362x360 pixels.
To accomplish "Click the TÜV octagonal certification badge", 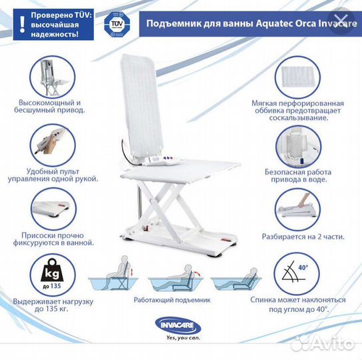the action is (x=117, y=24).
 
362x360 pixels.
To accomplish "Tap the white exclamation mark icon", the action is (x=22, y=24).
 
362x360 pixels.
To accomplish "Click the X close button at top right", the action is (x=341, y=21).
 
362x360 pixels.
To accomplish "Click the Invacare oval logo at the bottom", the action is (x=178, y=325).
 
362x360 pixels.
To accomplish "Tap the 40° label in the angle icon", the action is (x=303, y=267).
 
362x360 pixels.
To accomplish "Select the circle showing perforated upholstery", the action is (x=297, y=78).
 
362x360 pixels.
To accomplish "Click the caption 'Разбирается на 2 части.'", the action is (x=303, y=237).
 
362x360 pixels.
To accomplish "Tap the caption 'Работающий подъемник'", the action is (x=172, y=300).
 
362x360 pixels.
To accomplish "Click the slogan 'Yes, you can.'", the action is (x=183, y=338).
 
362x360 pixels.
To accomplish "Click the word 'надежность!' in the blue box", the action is (x=55, y=35).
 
